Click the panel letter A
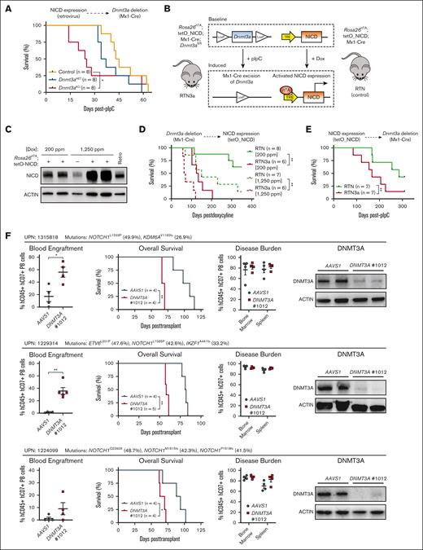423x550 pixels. click(x=6, y=7)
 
